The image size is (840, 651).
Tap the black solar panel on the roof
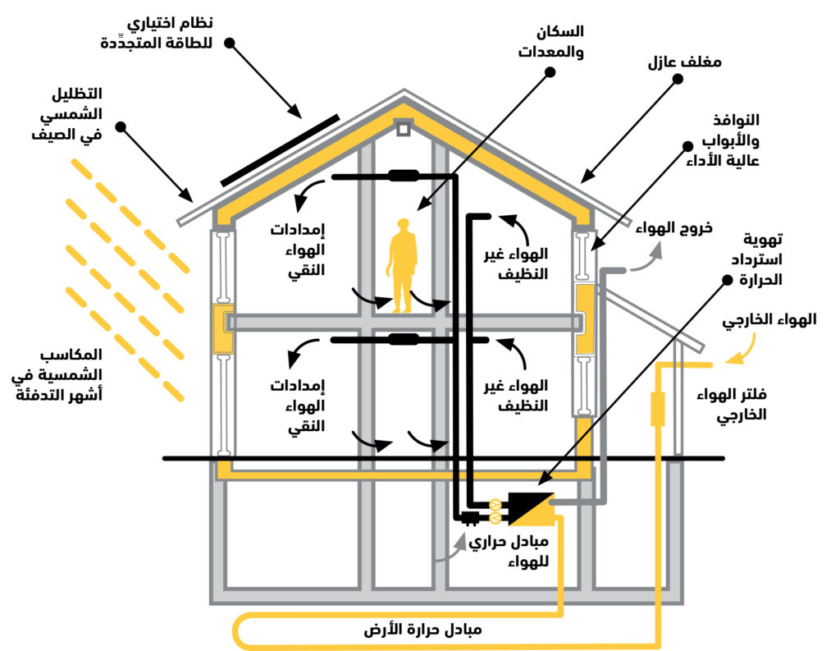tap(280, 151)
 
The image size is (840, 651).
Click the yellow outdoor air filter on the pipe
tap(657, 409)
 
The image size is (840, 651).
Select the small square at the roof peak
tap(403, 128)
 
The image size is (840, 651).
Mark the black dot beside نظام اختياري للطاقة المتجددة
tap(230, 42)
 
